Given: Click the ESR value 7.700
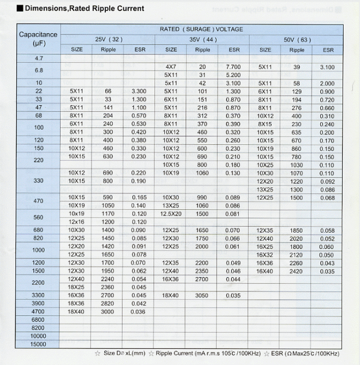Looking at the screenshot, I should (233, 66).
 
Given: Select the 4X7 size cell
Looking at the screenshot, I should (171, 66).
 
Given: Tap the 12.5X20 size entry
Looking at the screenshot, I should (171, 214).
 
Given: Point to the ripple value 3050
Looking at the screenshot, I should (202, 295).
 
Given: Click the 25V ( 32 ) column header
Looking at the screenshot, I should (109, 39).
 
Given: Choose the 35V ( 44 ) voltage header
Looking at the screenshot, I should (202, 39).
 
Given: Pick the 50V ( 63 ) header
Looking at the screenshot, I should (297, 39).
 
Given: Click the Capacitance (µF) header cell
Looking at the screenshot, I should (38, 39).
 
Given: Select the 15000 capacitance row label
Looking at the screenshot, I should (38, 344).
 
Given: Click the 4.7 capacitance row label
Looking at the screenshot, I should (38, 58).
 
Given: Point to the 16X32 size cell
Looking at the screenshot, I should (265, 255).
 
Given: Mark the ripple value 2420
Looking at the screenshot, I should (296, 271).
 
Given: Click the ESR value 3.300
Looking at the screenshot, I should (139, 91).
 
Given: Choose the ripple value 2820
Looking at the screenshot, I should (108, 303).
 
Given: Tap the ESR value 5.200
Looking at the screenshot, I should (233, 75).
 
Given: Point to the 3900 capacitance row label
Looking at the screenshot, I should (38, 303).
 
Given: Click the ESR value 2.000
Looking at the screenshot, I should (327, 83).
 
